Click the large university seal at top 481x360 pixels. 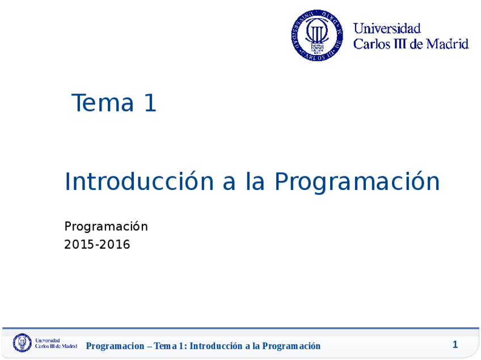[318, 35]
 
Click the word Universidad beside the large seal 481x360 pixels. [387, 28]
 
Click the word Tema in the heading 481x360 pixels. [102, 103]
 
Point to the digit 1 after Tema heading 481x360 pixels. [150, 103]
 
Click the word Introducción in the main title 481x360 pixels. [138, 182]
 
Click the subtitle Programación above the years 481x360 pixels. [106, 227]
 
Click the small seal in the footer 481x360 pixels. [23, 343]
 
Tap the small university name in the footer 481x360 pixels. [56, 343]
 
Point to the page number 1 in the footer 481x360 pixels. [455, 345]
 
